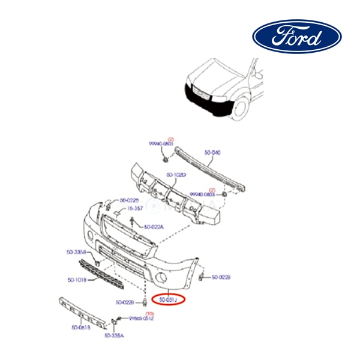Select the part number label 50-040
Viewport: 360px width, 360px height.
212,152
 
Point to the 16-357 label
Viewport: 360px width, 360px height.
134,208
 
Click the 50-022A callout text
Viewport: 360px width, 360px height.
154,227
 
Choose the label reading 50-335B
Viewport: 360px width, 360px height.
76,252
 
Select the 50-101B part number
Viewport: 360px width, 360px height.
78,280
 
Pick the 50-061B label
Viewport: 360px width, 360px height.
82,327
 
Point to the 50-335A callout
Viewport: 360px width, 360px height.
114,335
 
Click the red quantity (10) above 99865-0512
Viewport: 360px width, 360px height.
150,313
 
